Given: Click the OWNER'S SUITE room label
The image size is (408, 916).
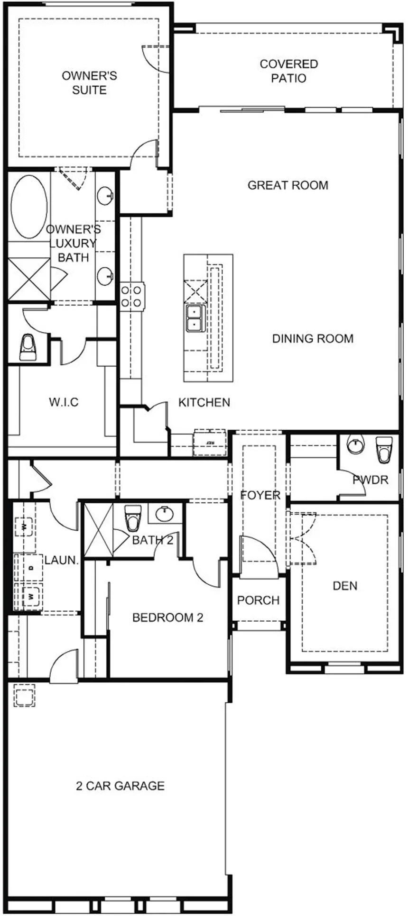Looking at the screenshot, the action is coord(89,83).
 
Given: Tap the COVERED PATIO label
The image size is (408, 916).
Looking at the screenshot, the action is coord(288,71).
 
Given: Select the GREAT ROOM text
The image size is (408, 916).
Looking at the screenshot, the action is coord(288,185).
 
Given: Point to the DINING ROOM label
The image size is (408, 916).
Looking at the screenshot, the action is coord(313,339).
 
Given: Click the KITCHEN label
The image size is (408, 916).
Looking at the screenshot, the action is coord(204,402).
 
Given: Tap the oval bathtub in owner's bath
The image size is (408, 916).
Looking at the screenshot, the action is coord(29,207).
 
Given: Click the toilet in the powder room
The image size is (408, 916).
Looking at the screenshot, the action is coord(383,450).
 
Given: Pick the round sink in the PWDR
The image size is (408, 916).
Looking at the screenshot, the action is coord(354,444).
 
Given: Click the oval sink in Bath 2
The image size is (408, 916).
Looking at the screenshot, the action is coord(165,514).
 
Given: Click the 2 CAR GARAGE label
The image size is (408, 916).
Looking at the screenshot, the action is coord(121,786).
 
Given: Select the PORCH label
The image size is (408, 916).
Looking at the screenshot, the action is coord(258,600).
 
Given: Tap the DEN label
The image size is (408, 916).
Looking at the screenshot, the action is coord(345,586).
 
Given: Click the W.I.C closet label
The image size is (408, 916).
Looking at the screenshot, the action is coord(64,402).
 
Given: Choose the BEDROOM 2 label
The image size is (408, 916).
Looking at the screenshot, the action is coord(167,617).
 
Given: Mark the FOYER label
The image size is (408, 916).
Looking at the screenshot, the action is coord(260,495).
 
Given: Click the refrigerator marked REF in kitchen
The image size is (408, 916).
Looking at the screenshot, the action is coord(209,442).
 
